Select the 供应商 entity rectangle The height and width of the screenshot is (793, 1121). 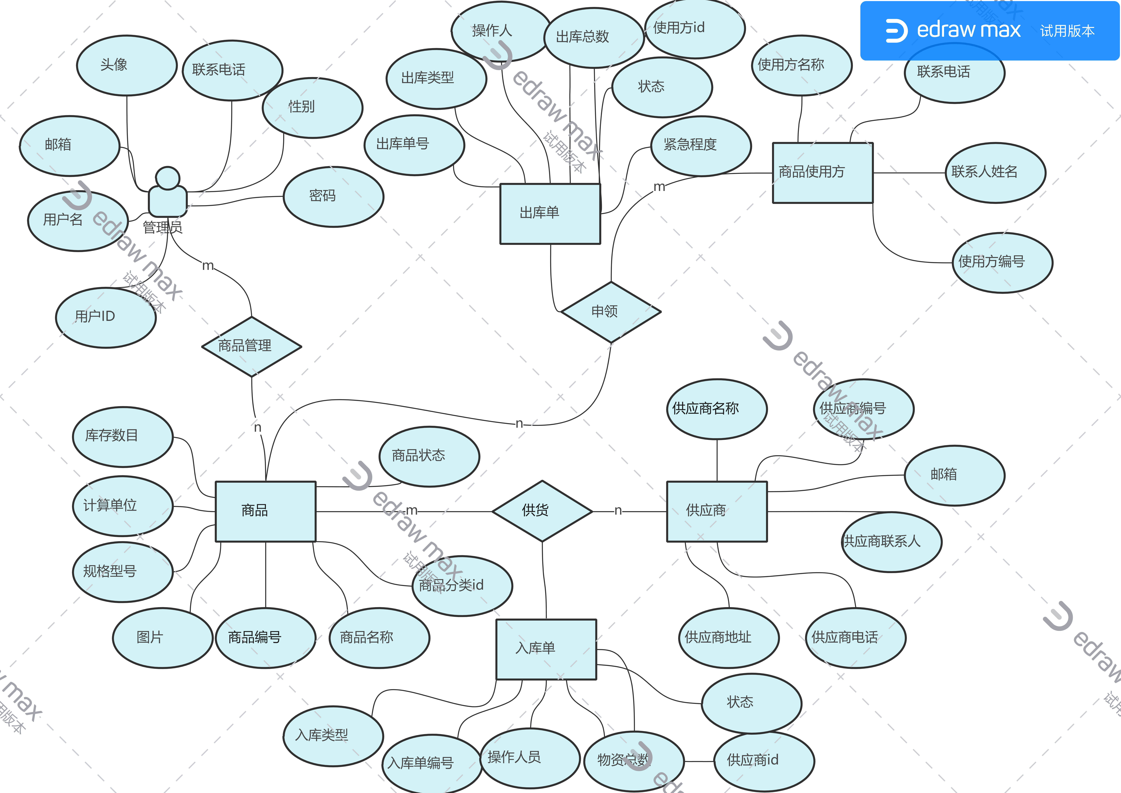(x=717, y=511)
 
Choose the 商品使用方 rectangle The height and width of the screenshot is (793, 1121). (x=822, y=173)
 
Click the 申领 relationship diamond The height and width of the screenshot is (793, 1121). (x=611, y=312)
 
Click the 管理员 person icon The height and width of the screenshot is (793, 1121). (x=167, y=193)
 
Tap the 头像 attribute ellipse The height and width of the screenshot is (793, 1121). (x=127, y=65)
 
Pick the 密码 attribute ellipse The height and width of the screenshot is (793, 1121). (x=333, y=196)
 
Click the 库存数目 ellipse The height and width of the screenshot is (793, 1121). (x=123, y=436)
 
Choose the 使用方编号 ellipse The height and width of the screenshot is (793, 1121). (x=1002, y=262)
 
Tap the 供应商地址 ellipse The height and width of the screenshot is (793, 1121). (x=729, y=638)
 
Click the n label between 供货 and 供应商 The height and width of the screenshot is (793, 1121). (x=618, y=511)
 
